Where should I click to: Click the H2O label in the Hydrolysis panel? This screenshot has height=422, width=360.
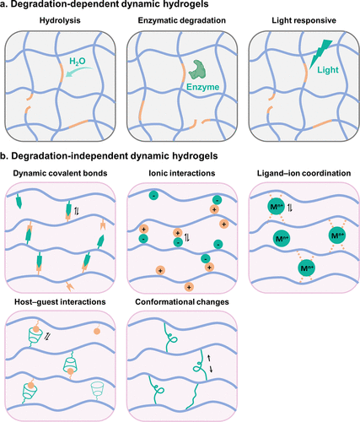coord(78,62)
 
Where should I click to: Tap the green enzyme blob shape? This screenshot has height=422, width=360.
coord(197,69)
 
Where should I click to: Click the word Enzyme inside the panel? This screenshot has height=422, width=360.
coord(203,87)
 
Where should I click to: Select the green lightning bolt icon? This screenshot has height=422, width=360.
coord(320,53)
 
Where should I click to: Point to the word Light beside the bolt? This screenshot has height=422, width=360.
coord(328,70)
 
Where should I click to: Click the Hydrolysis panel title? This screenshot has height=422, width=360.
coord(60,20)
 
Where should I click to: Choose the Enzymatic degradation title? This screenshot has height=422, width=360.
coord(182,20)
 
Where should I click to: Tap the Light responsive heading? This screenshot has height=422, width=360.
coord(304,20)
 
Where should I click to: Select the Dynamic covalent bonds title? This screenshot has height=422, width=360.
coord(60,173)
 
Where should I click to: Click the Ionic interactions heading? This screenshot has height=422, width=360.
coord(182,173)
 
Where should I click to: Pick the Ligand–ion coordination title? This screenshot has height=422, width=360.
coord(304,173)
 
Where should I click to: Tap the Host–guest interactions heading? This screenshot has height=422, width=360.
coord(60,302)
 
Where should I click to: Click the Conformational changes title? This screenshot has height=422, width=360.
coord(182,302)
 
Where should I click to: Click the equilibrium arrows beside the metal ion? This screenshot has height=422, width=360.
coord(291,208)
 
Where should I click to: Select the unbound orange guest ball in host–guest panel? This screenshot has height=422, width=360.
coord(97,331)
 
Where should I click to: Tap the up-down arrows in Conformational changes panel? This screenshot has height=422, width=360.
coord(210,364)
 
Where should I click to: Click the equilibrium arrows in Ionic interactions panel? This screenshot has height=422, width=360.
coord(187,238)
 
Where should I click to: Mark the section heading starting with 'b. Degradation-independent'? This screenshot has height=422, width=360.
coord(109,156)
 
